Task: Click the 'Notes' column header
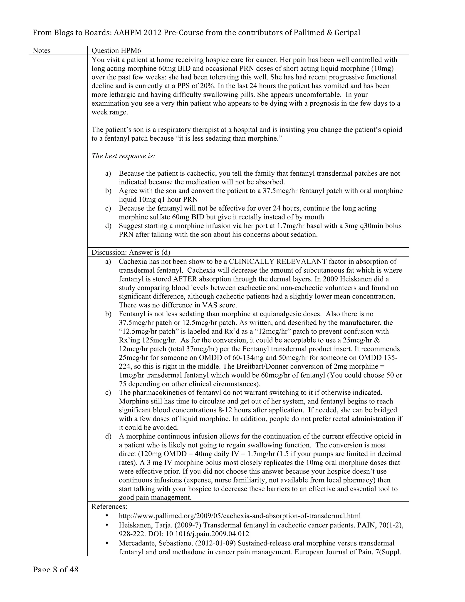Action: [42, 51]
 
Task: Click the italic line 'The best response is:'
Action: [123, 156]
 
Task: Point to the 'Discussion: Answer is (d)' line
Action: [131, 252]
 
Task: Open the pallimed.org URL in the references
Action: [240, 516]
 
